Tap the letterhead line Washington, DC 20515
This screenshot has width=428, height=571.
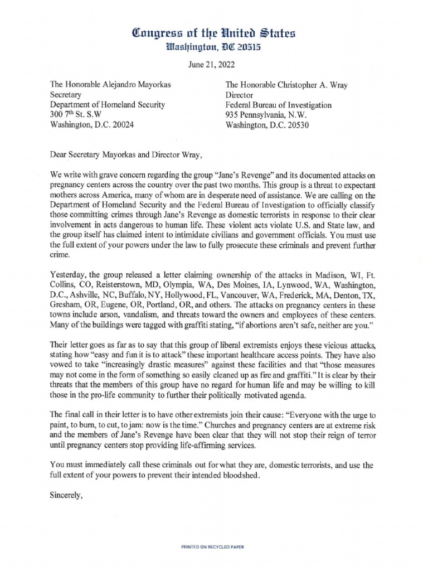(213, 49)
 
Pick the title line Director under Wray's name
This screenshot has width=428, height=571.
(240, 95)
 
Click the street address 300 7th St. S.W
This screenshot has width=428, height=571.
(82, 115)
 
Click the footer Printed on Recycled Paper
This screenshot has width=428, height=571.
(213, 548)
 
